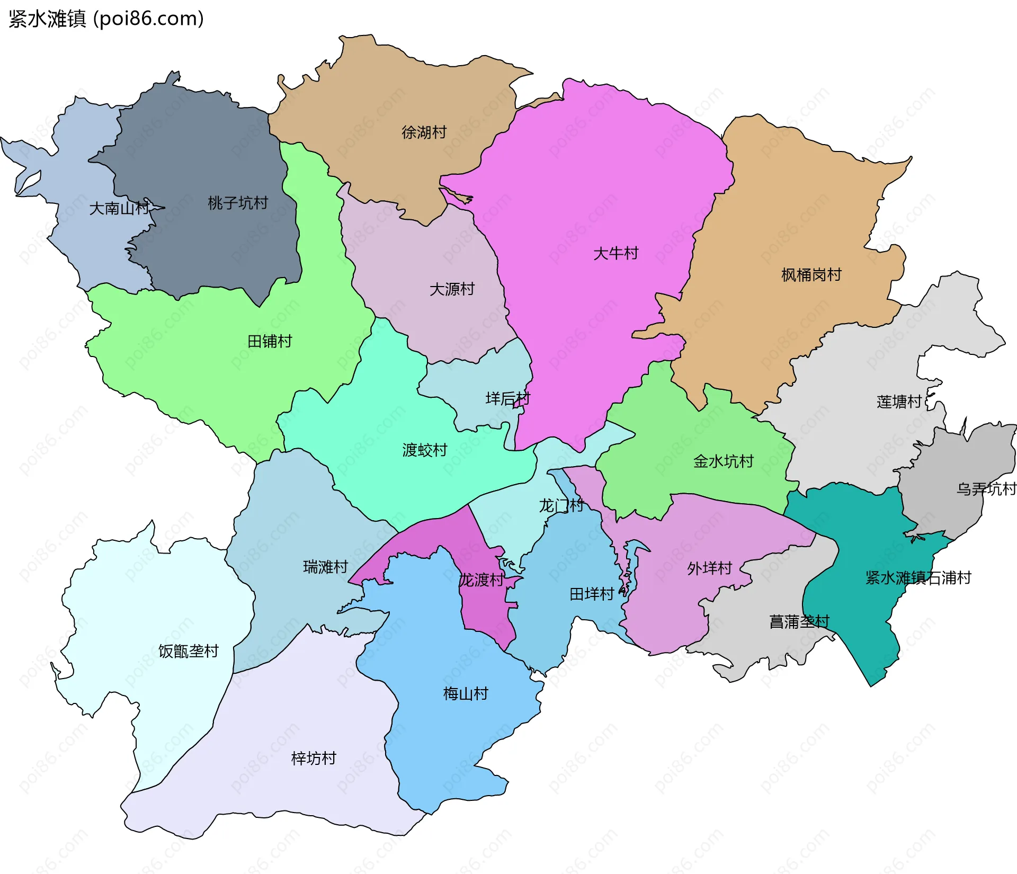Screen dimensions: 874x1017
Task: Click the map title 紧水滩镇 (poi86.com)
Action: pyautogui.click(x=106, y=19)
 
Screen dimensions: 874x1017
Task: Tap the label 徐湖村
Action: pyautogui.click(x=424, y=132)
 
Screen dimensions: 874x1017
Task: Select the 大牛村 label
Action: pyautogui.click(x=615, y=253)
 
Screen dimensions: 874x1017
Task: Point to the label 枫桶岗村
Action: pyautogui.click(x=811, y=275)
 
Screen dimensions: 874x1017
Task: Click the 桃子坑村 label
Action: pyautogui.click(x=238, y=203)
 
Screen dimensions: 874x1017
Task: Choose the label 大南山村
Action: pyautogui.click(x=119, y=208)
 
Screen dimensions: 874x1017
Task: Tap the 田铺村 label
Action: pyautogui.click(x=270, y=341)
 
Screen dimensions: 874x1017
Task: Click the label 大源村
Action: pyautogui.click(x=452, y=289)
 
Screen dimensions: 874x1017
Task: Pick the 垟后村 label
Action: pyautogui.click(x=507, y=398)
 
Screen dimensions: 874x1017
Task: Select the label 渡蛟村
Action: pyautogui.click(x=425, y=450)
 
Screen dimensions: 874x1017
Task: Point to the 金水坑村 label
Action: pyautogui.click(x=723, y=461)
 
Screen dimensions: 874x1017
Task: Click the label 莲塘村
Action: pyautogui.click(x=899, y=402)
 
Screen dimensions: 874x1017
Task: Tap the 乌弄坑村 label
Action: pyautogui.click(x=986, y=489)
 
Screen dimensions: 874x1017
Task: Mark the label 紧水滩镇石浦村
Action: pyautogui.click(x=918, y=578)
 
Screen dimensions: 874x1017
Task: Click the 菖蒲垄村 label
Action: pyautogui.click(x=799, y=621)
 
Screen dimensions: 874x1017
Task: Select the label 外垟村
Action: pyautogui.click(x=709, y=568)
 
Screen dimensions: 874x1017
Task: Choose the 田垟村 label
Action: pyautogui.click(x=591, y=594)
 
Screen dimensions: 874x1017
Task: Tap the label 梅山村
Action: pyautogui.click(x=465, y=694)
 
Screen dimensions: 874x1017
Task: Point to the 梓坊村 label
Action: pyautogui.click(x=314, y=759)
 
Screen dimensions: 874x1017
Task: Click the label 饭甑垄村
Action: pyautogui.click(x=189, y=652)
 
